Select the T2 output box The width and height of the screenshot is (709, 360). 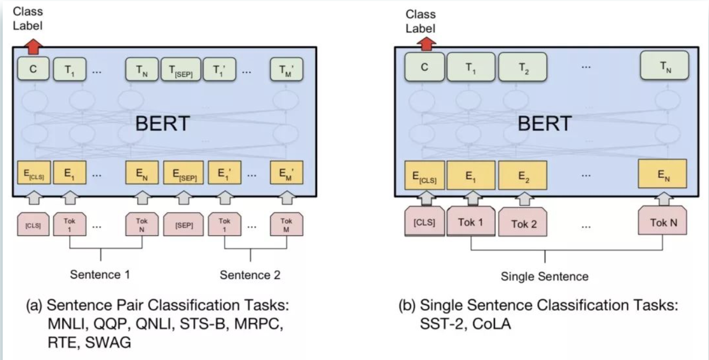[523, 68]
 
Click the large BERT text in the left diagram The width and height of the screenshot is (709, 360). [162, 124]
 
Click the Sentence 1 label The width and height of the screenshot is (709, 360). [100, 275]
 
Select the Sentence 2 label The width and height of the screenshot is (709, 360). [250, 275]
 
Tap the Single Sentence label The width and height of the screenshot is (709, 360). [545, 277]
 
